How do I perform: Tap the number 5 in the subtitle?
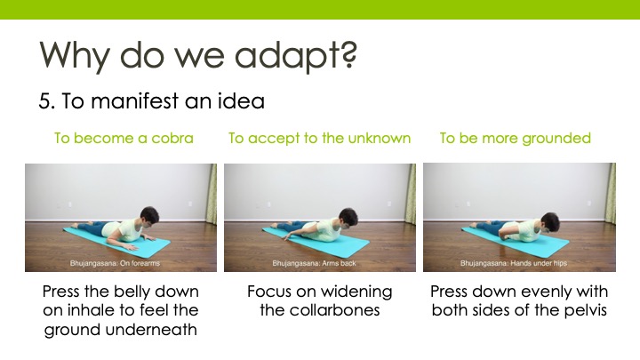click(x=44, y=101)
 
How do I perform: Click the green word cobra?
click(x=172, y=138)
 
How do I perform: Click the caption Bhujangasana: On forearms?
click(x=115, y=263)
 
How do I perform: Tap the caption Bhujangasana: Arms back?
click(x=314, y=263)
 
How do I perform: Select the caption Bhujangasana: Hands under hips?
click(x=514, y=263)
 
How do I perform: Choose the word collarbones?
click(x=335, y=310)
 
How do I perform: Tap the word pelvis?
click(x=586, y=311)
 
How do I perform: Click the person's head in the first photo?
click(x=149, y=217)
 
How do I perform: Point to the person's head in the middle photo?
click(x=348, y=218)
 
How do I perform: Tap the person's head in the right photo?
click(x=550, y=223)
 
